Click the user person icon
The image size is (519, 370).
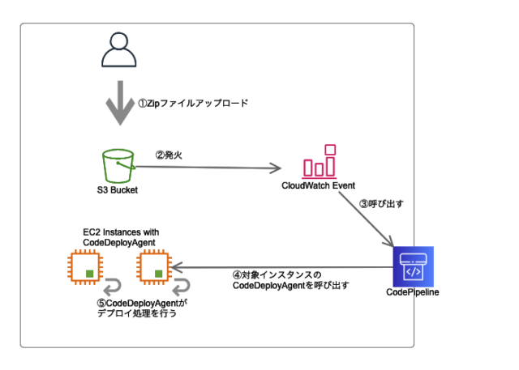(119, 50)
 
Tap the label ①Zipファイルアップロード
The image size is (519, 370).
(191, 104)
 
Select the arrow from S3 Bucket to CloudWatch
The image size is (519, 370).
(203, 168)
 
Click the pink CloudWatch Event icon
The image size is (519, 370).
(318, 162)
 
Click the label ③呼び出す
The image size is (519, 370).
(381, 204)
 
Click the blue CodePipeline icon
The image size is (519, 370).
(413, 266)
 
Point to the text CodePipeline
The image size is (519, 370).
(412, 292)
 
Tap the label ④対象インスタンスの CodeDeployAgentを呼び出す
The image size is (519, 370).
(280, 281)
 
